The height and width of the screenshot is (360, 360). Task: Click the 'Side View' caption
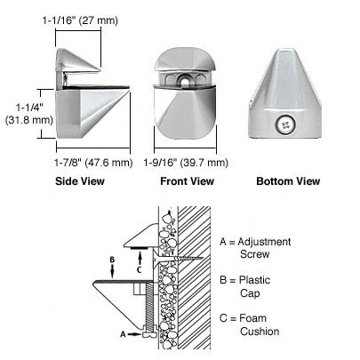pos(80,181)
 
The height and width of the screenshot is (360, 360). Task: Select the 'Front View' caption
pos(187,181)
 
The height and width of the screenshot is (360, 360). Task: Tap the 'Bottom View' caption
pos(288,181)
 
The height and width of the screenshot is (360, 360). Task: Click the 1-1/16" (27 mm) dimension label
pos(80,20)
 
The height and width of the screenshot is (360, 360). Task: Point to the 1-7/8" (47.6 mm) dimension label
pos(93,163)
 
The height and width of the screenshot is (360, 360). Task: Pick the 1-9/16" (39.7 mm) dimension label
pos(186,163)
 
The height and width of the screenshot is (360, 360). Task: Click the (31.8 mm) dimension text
pos(29,120)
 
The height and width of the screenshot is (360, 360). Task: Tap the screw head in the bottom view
pos(284,125)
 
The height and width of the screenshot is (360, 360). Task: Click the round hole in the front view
pos(186,81)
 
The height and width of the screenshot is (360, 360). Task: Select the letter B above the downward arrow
pos(112,260)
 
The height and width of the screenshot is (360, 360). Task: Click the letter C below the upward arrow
pos(139,269)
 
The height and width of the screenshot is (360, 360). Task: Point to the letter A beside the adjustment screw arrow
pos(123,334)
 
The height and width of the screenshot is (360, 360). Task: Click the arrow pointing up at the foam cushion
pos(140,258)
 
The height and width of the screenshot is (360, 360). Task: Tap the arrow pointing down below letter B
pos(113,271)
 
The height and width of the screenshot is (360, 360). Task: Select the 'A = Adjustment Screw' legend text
pos(255,248)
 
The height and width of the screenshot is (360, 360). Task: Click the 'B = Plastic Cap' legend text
pos(245,286)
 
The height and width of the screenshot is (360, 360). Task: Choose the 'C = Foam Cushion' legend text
pos(250,324)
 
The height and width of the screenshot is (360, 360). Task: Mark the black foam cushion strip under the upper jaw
pos(139,248)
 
